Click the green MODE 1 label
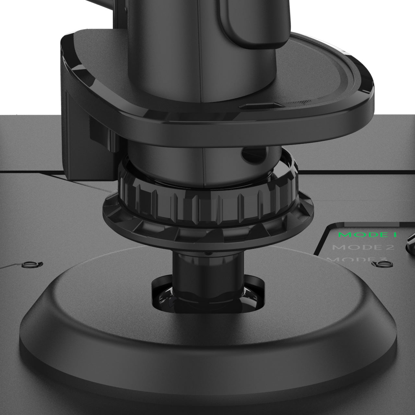[x=367, y=234]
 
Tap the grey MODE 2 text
[x=363, y=247]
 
